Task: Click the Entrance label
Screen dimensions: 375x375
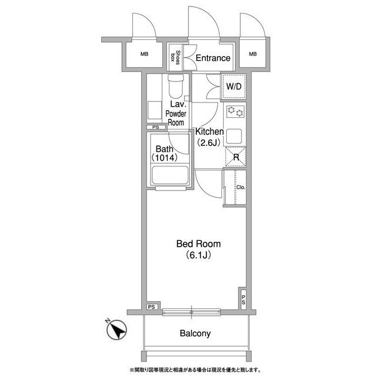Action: [213, 58]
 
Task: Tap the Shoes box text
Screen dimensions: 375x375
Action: [175, 57]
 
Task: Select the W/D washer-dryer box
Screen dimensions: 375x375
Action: [234, 87]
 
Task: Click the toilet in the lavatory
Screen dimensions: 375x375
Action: [176, 85]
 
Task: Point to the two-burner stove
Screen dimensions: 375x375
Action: [236, 111]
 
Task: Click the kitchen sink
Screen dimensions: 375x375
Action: [234, 137]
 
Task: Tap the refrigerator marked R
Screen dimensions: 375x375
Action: [236, 156]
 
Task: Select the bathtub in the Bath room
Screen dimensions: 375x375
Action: [170, 175]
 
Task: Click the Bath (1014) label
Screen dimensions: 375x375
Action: [164, 154]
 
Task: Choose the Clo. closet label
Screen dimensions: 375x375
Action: [241, 187]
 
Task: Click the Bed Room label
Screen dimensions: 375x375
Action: [199, 244]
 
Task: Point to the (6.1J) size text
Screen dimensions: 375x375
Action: [199, 255]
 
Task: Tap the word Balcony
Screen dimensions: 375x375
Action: [195, 333]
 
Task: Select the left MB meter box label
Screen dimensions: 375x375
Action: [144, 54]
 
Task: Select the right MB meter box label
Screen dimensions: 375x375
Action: [253, 54]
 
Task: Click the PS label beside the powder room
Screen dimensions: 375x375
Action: [156, 127]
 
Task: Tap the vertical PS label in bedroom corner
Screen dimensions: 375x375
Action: [243, 299]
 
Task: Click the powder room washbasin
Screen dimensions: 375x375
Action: [155, 110]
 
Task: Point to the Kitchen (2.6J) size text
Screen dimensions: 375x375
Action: [209, 143]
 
